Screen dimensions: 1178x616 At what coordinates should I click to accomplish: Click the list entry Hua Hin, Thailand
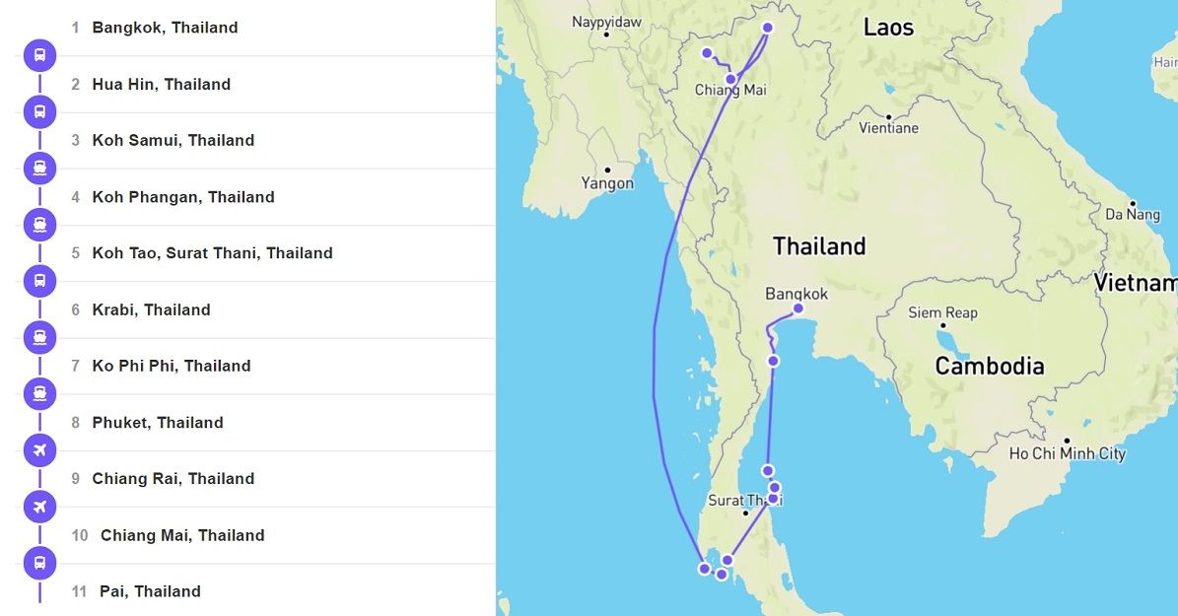coord(162,85)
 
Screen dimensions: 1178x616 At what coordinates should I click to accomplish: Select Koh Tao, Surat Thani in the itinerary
coord(212,253)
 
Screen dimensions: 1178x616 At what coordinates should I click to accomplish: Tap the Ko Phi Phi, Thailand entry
coord(172,366)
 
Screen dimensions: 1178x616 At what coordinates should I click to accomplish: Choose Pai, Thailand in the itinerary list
coord(150,591)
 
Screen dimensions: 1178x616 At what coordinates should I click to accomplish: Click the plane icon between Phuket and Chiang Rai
coord(39,450)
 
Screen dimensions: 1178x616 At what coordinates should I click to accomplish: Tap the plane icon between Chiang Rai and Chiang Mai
coord(39,507)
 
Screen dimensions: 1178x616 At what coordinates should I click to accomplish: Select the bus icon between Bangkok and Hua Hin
coord(39,55)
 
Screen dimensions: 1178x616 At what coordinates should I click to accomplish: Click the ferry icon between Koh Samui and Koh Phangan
coord(39,169)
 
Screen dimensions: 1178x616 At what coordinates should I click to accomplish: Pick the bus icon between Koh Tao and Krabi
coord(39,281)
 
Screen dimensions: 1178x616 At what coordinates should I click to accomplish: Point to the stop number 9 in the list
coord(76,479)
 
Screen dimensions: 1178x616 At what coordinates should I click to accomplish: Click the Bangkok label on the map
coord(797,294)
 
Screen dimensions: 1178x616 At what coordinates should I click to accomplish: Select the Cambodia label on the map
coord(989,367)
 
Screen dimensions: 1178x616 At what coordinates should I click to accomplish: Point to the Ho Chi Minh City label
coord(1067,454)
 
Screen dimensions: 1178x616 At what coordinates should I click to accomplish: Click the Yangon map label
coord(607,183)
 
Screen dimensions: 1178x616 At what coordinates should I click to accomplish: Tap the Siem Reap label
coord(942,313)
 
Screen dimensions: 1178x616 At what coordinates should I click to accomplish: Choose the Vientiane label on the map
coord(888,128)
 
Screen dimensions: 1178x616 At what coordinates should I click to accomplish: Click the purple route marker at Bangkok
coord(797,308)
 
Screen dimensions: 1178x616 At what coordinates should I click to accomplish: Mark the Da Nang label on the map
coord(1133,214)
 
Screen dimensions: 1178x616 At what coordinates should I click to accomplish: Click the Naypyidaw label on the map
coord(606,22)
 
